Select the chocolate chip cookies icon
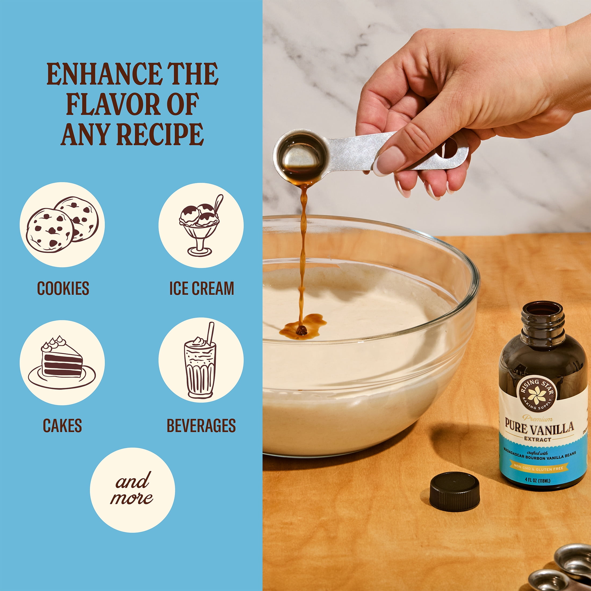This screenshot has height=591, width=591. coord(62,225)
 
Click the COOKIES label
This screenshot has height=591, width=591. coord(63,288)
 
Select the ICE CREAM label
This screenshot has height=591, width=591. coord(201,288)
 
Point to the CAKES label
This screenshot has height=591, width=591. coord(62,426)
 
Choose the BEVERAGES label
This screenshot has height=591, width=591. coord(201,426)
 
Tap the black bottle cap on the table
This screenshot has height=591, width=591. coord(455,492)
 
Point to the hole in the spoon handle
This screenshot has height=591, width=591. coord(447,148)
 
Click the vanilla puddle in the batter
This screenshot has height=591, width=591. coord(302,327)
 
